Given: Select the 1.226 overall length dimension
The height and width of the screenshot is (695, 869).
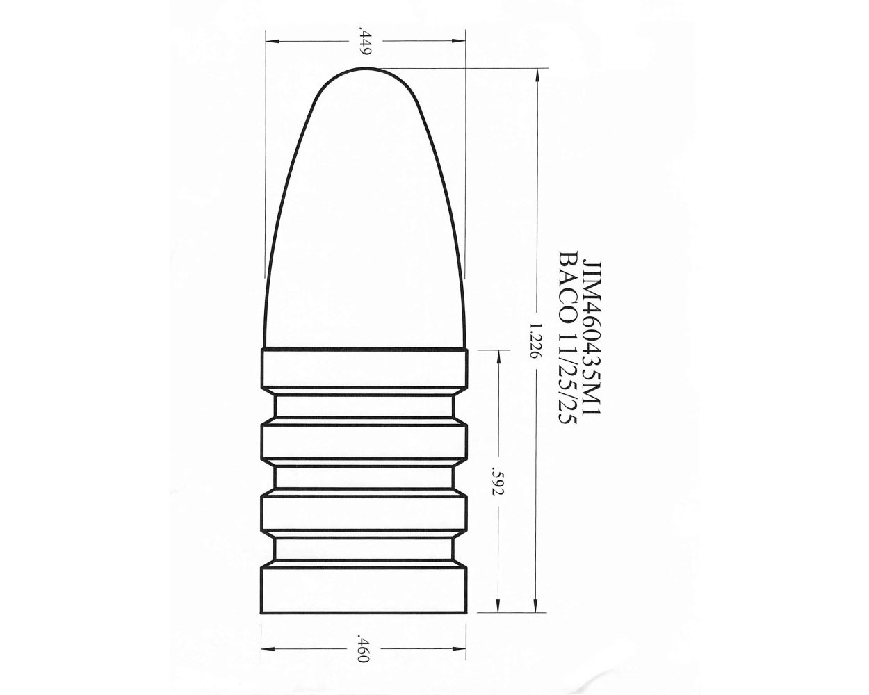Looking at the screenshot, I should click(x=535, y=339).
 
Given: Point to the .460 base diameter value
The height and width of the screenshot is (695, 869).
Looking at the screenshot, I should click(x=362, y=648).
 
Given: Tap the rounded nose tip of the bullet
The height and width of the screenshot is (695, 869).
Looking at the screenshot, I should click(x=366, y=72).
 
